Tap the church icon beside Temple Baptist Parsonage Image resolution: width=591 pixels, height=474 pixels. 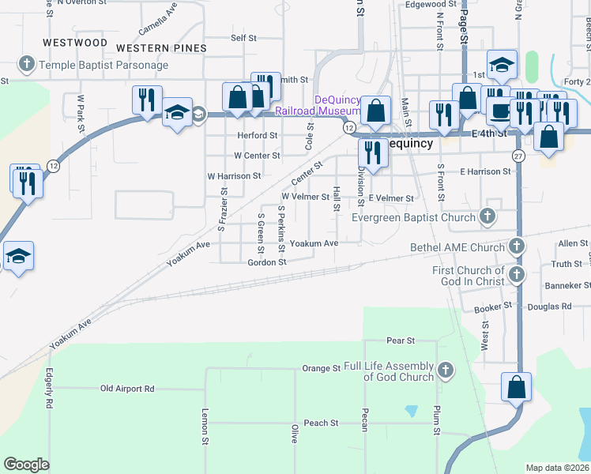(26, 64)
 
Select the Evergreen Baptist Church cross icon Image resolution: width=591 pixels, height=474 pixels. (488, 216)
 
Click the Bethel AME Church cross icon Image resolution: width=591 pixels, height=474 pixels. (517, 246)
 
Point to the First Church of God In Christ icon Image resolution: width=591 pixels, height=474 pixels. (517, 275)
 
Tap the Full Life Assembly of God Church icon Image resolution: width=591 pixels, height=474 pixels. (446, 370)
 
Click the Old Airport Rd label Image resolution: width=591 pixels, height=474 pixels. (127, 389)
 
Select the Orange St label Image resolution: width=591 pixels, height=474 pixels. (321, 368)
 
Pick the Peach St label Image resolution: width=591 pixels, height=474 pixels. (321, 423)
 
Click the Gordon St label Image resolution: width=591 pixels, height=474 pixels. (266, 262)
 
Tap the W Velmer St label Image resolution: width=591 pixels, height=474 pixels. (305, 196)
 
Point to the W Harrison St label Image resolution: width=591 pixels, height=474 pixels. (234, 175)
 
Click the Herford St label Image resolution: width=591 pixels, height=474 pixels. (258, 135)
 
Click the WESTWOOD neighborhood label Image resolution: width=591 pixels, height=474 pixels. (75, 42)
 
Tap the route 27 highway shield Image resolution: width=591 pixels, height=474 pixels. (518, 155)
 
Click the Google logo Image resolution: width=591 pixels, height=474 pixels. (26, 465)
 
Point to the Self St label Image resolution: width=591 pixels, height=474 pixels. (243, 37)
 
